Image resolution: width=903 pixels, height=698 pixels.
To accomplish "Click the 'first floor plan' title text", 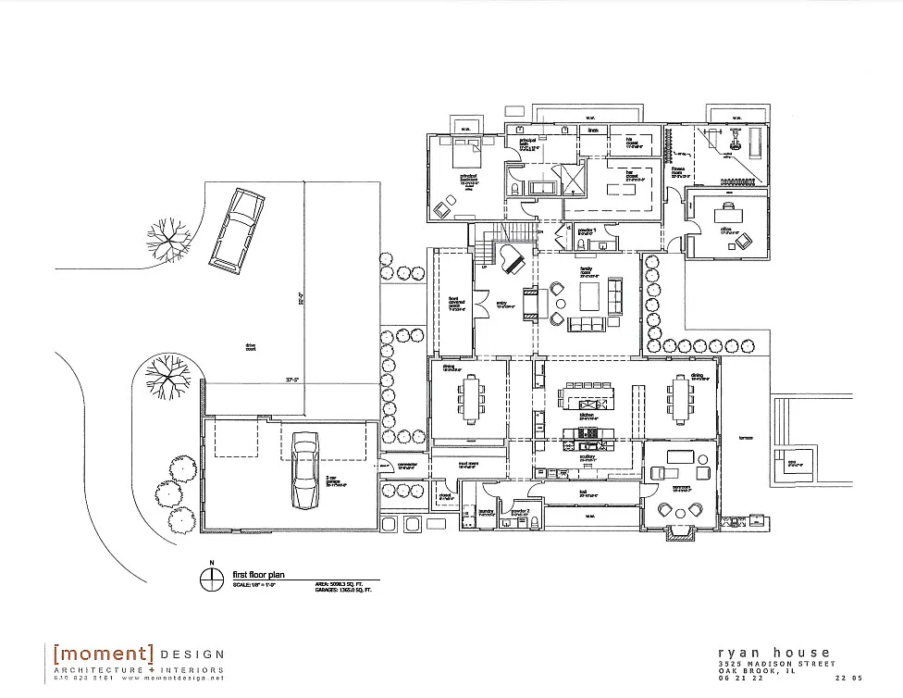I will pos(260,575).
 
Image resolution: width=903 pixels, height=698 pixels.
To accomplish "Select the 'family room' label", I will pos(587,274).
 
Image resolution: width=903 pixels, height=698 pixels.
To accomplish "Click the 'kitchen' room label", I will pos(587,416).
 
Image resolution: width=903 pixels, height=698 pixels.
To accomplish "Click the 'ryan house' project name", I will pos(775,653).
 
